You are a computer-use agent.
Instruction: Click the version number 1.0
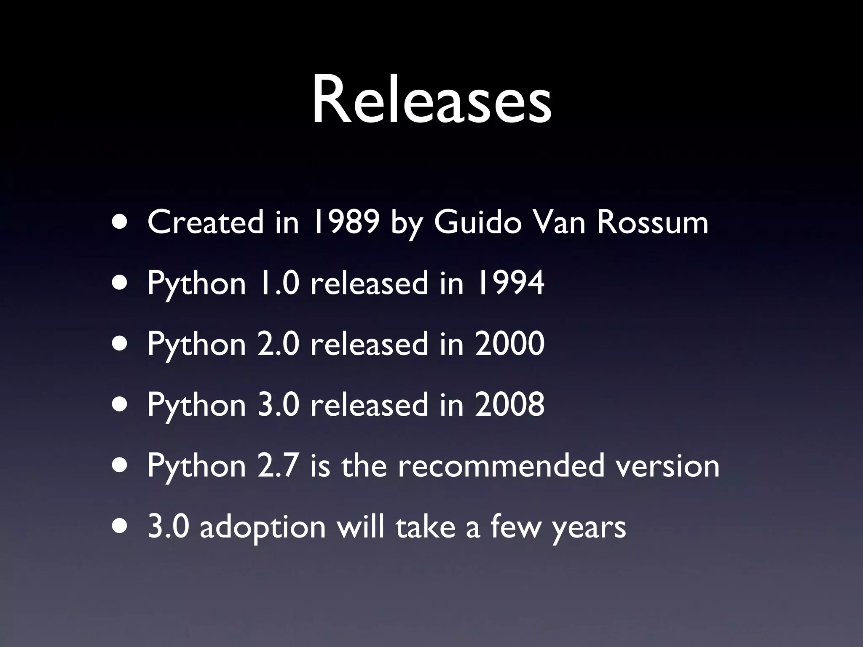click(278, 283)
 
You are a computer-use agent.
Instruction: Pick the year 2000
click(509, 344)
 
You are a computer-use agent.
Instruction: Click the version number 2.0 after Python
click(278, 344)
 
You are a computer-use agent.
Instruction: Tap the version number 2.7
click(278, 465)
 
